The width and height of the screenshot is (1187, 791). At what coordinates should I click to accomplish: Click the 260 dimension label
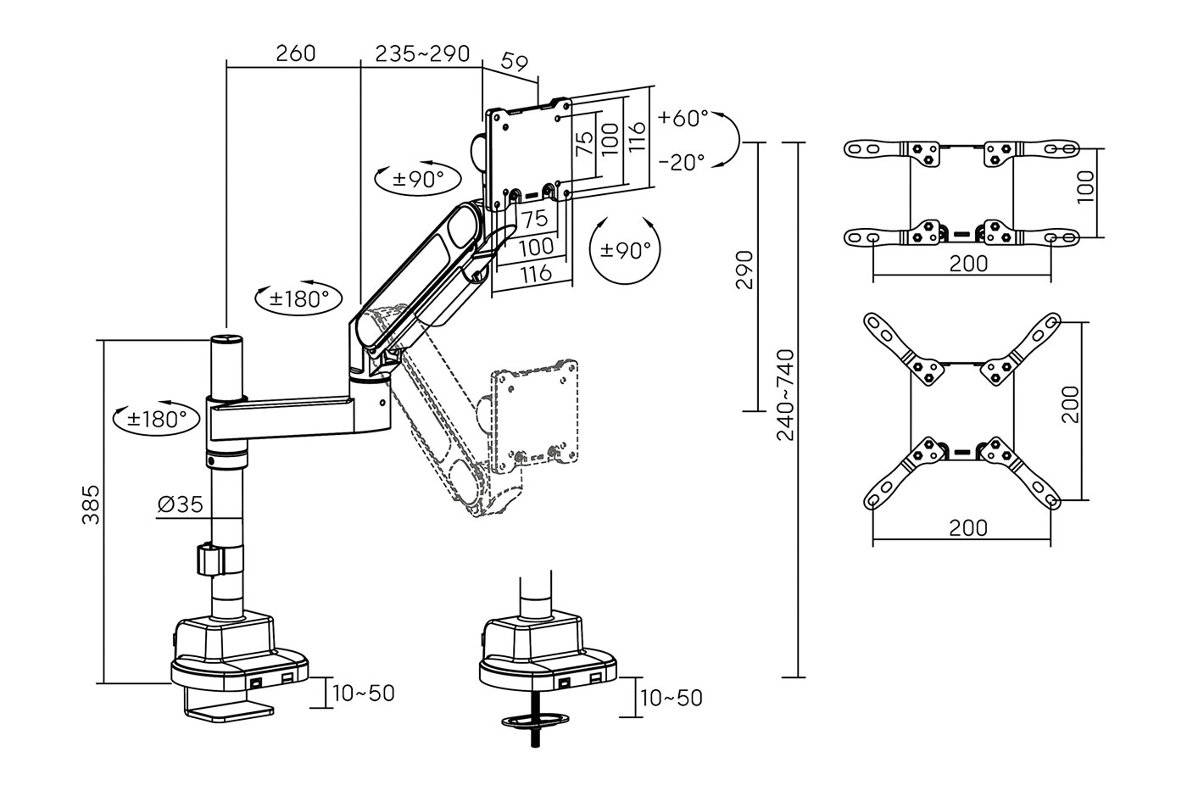click(296, 53)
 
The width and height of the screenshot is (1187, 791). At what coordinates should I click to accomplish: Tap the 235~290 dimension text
click(422, 53)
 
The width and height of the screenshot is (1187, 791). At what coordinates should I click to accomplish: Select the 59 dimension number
click(514, 62)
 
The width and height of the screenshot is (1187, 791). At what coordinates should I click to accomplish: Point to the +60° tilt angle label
click(683, 118)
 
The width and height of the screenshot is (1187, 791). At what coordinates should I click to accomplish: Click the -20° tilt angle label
click(682, 162)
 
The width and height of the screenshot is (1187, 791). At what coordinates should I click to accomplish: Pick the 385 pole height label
click(91, 504)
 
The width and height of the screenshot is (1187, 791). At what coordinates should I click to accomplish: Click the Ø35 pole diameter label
click(180, 504)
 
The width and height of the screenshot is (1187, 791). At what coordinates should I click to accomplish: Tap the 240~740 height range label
click(785, 395)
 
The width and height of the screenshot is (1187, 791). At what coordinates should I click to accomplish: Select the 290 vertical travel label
click(744, 270)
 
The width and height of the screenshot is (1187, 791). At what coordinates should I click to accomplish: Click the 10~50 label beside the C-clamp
click(364, 693)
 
